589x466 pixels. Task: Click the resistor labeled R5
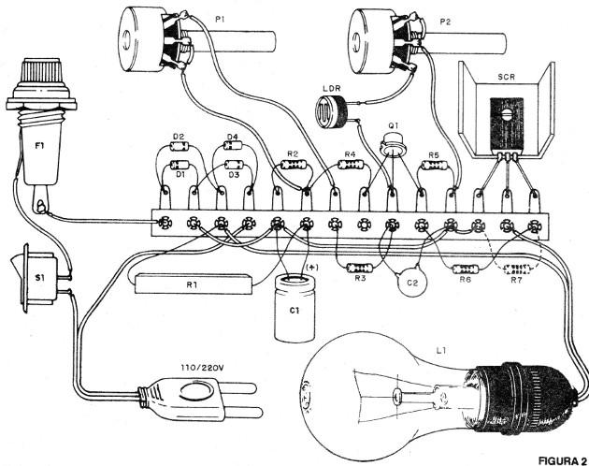coord(434,166)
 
